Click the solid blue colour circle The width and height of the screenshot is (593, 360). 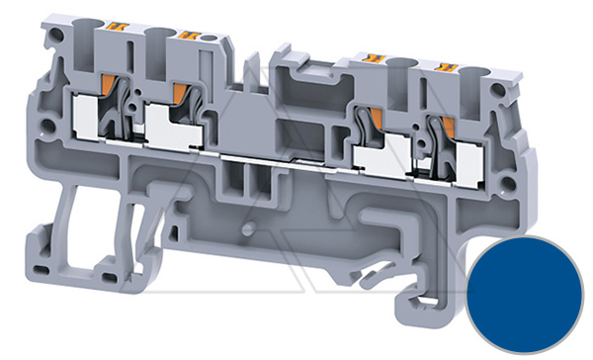click(525, 291)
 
